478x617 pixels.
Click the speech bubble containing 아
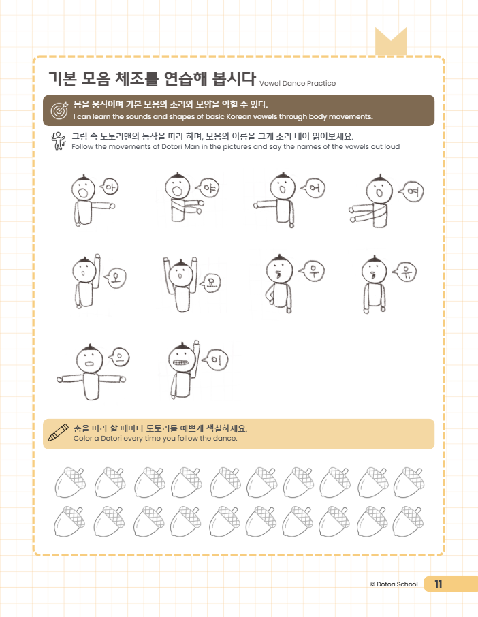110,186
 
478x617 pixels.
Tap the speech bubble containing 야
208,188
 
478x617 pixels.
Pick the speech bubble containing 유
406,272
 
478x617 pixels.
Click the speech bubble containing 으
118,355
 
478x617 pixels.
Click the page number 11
438,584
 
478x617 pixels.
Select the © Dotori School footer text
394,584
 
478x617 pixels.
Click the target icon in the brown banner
59,110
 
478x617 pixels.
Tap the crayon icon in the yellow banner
59,432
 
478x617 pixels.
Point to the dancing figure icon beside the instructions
58,141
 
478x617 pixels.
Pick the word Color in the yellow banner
84,439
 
